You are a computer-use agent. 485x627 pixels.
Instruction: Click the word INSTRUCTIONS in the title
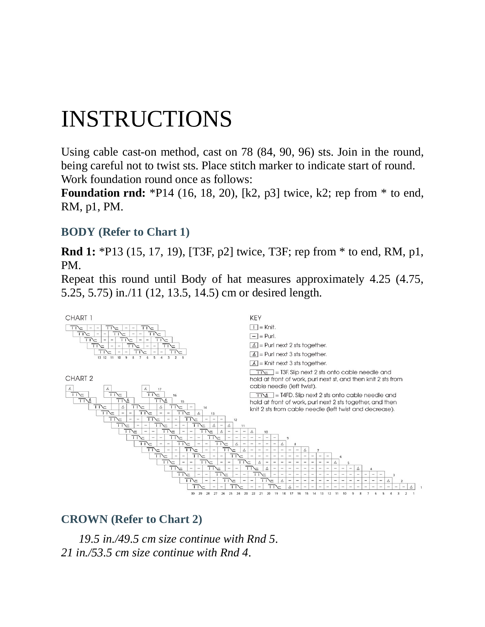[146, 119]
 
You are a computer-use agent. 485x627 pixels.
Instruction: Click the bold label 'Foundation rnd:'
[103, 193]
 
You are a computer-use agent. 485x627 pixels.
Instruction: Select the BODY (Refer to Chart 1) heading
[125, 232]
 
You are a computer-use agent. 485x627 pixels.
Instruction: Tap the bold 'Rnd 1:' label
[78, 252]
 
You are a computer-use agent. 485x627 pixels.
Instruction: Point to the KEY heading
[255, 318]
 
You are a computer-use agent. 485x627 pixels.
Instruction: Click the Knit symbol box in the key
[254, 327]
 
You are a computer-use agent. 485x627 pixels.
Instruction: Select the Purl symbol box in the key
[254, 336]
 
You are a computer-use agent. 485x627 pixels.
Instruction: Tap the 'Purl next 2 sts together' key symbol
[254, 345]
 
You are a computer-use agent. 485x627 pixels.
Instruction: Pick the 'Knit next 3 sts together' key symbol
[254, 363]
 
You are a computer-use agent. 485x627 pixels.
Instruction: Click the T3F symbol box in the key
[262, 372]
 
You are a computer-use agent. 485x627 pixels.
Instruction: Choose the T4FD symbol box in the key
[262, 395]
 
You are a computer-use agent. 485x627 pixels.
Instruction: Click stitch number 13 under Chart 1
[99, 358]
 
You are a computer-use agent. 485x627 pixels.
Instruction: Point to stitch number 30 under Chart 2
[193, 494]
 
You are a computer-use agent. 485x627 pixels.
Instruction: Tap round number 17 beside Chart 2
[160, 389]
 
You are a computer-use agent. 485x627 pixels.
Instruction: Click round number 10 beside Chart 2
[266, 432]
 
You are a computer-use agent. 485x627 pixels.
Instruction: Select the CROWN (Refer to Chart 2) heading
[132, 519]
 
